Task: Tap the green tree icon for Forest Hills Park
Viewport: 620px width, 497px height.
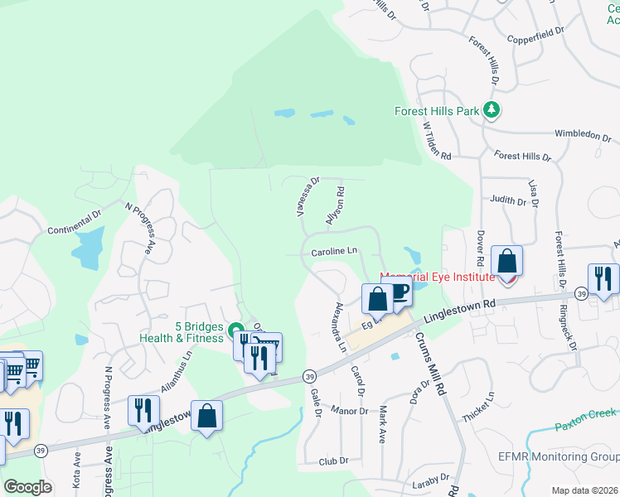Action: (492, 109)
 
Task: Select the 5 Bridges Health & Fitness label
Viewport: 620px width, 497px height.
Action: (182, 331)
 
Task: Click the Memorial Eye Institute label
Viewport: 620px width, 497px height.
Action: (437, 277)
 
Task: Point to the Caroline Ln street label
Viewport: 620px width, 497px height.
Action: (334, 251)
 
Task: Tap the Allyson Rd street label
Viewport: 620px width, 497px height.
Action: (335, 203)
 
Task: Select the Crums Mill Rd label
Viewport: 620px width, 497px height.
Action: (429, 364)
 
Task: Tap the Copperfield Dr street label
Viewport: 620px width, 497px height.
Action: (535, 36)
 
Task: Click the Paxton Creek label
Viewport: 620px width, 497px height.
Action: (587, 413)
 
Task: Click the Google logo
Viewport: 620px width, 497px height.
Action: (27, 487)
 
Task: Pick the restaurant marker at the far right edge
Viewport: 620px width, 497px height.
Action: (603, 278)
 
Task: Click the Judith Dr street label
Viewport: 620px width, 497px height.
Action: (508, 200)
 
